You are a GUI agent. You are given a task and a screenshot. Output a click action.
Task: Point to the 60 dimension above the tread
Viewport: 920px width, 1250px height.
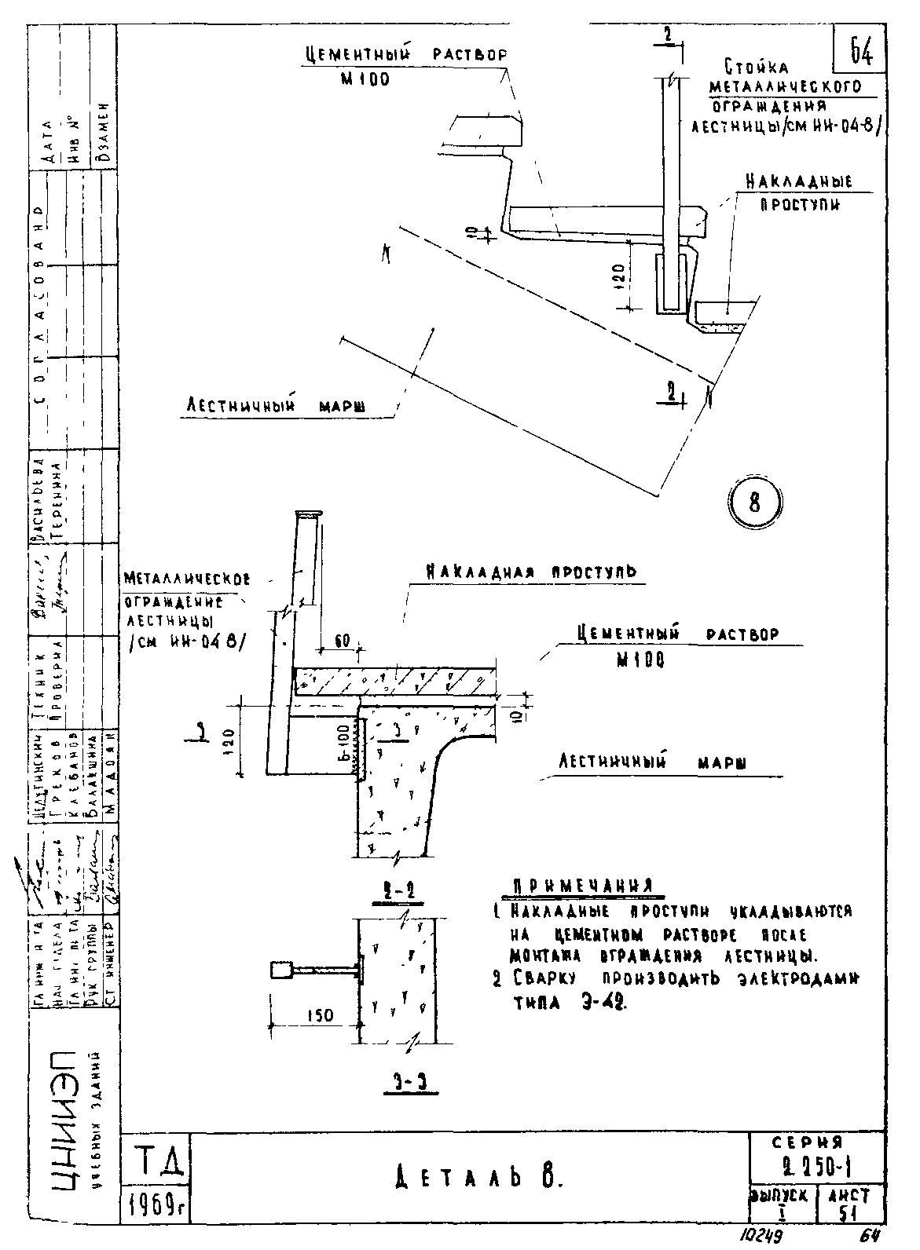click(342, 641)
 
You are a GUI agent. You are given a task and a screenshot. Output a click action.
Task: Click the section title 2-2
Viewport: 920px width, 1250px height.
click(399, 892)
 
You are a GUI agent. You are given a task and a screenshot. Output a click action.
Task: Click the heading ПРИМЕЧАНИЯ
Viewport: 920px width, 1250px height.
click(583, 886)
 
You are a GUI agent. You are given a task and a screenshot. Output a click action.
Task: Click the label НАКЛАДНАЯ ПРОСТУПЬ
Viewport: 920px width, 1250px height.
click(531, 572)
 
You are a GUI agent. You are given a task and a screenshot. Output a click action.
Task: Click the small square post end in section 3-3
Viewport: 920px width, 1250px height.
click(280, 970)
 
